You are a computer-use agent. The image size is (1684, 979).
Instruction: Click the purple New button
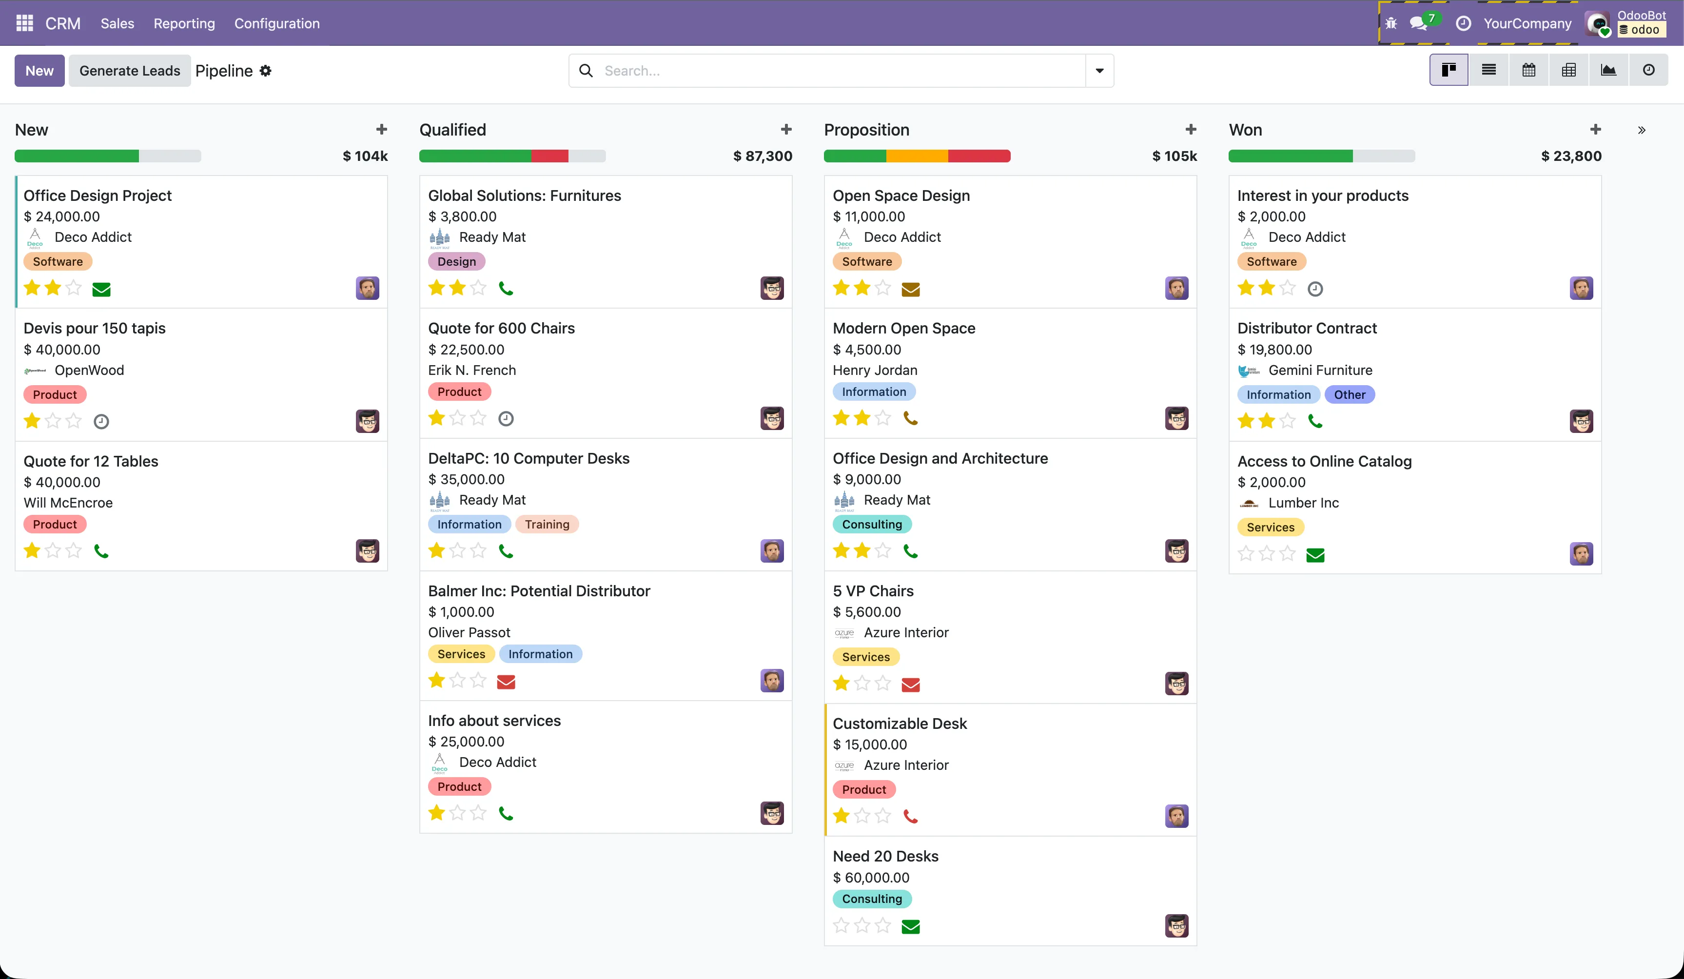[x=39, y=71]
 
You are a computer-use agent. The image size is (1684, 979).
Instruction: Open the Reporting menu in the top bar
[x=184, y=23]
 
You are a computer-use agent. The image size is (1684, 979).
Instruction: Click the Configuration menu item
[x=276, y=23]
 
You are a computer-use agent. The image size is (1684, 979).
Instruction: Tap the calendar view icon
[x=1528, y=70]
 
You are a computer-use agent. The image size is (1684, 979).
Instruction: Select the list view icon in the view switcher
[x=1488, y=70]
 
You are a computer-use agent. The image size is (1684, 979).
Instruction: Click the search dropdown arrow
[x=1099, y=71]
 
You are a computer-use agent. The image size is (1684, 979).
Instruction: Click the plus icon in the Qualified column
[x=786, y=130]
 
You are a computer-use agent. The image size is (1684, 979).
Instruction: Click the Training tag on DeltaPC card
[x=547, y=525]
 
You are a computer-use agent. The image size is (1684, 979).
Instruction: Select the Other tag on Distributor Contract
[x=1349, y=395]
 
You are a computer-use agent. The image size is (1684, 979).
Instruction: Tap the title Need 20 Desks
[x=885, y=856]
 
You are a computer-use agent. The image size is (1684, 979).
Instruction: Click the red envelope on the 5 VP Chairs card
[x=910, y=685]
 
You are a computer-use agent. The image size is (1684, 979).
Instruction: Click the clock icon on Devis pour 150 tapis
[x=101, y=422]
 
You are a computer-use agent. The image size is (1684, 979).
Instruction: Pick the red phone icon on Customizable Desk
[x=910, y=816]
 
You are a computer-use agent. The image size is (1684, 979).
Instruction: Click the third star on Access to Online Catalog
[x=1287, y=554]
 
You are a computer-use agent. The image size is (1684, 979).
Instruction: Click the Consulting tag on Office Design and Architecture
[x=871, y=525]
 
